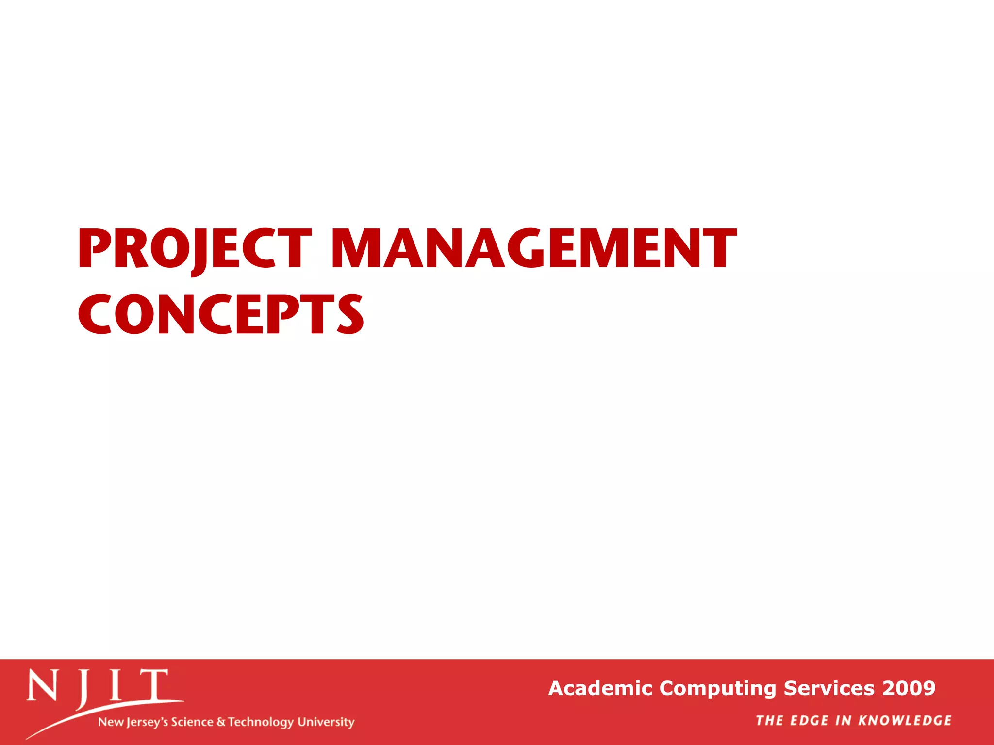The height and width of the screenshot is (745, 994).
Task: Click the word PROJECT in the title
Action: pyautogui.click(x=194, y=249)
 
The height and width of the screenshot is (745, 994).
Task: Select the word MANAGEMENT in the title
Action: pyautogui.click(x=534, y=249)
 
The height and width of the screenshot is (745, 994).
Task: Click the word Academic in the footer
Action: pyautogui.click(x=600, y=688)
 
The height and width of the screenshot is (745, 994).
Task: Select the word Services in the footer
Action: pyautogui.click(x=830, y=688)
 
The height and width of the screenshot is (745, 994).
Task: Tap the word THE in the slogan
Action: pyautogui.click(x=770, y=721)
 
